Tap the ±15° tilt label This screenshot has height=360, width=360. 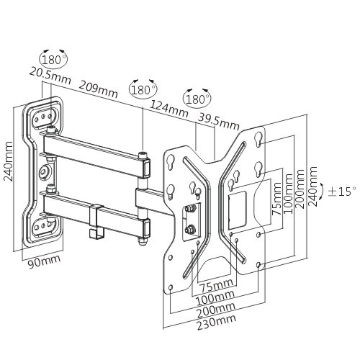coord(342,192)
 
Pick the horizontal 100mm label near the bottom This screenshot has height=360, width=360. coord(216,297)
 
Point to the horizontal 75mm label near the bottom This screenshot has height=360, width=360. coord(216,286)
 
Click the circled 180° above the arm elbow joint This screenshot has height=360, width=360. coord(143,90)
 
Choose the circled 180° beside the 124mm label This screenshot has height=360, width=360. coord(196,98)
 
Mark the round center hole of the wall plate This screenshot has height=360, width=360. coord(45,173)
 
